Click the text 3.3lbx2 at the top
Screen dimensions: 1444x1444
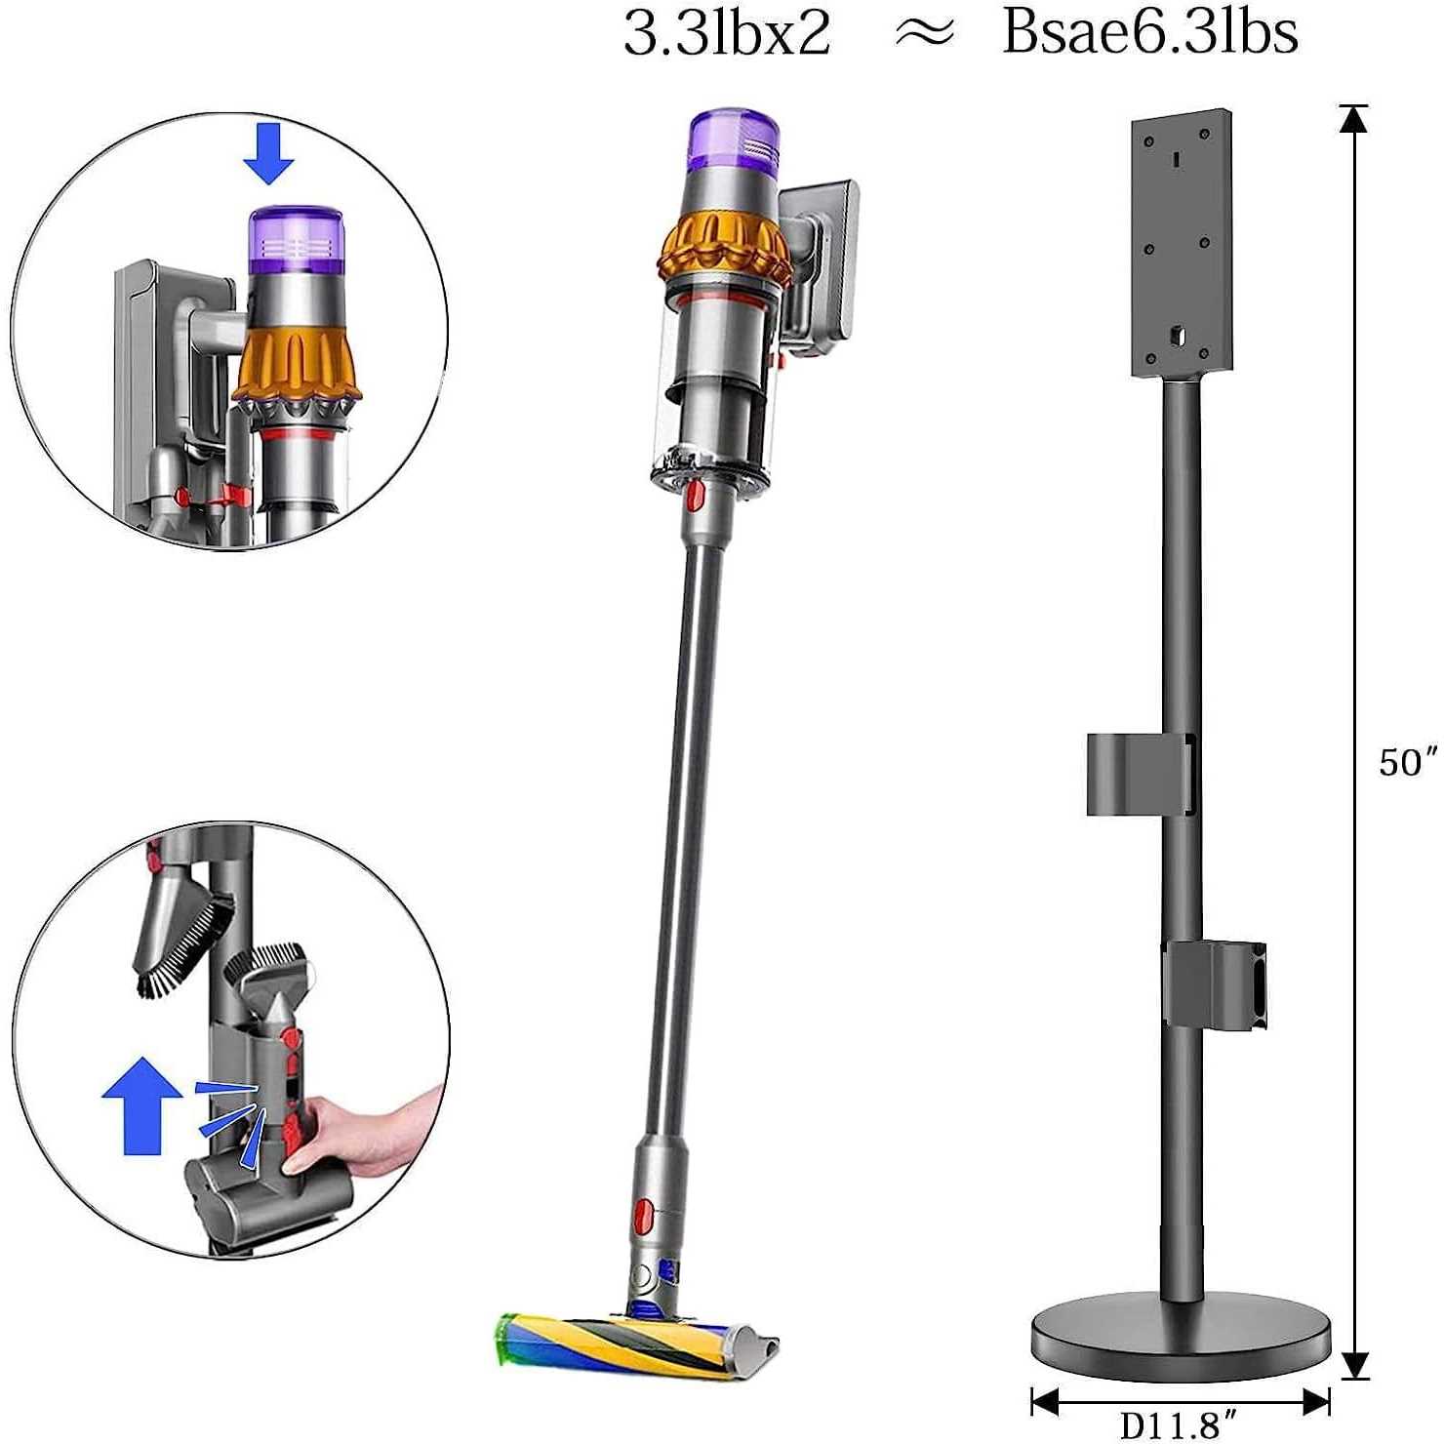(x=727, y=32)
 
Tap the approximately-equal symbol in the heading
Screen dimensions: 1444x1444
(x=923, y=33)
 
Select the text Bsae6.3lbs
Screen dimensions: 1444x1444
(x=1150, y=32)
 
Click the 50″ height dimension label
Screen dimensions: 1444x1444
(x=1408, y=762)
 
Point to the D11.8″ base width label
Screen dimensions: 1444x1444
(x=1178, y=1425)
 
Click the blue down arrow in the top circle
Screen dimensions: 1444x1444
(x=268, y=153)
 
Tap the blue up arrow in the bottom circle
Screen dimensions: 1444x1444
(x=142, y=1105)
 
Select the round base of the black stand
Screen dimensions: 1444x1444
(x=1181, y=1336)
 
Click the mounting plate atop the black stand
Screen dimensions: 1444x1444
(x=1181, y=243)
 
